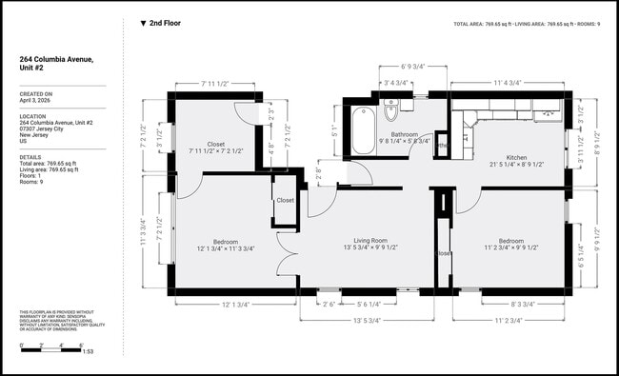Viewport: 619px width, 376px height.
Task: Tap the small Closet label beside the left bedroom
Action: [x=285, y=201]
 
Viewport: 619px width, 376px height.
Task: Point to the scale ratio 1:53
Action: [x=89, y=352]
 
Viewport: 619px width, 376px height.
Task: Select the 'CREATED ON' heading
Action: [x=36, y=93]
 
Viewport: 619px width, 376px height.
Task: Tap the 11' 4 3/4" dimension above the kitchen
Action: [x=507, y=82]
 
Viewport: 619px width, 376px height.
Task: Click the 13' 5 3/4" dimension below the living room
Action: [x=367, y=321]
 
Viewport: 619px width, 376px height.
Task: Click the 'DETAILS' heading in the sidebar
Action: [x=30, y=157]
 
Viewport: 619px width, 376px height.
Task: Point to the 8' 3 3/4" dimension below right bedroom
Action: [x=522, y=304]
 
